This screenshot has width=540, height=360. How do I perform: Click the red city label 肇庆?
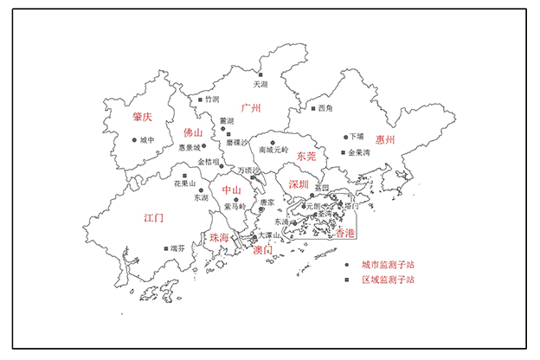[142, 117]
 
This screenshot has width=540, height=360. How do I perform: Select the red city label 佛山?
[192, 133]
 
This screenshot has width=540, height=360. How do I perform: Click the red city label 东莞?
[306, 157]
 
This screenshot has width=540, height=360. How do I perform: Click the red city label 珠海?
[219, 237]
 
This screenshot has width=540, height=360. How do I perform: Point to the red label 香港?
[344, 234]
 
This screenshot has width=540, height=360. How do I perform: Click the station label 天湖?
[260, 85]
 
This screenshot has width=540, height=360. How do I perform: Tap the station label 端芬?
[177, 248]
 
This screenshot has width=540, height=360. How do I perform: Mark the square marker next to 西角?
[313, 109]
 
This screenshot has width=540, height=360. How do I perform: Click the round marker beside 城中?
[134, 140]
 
